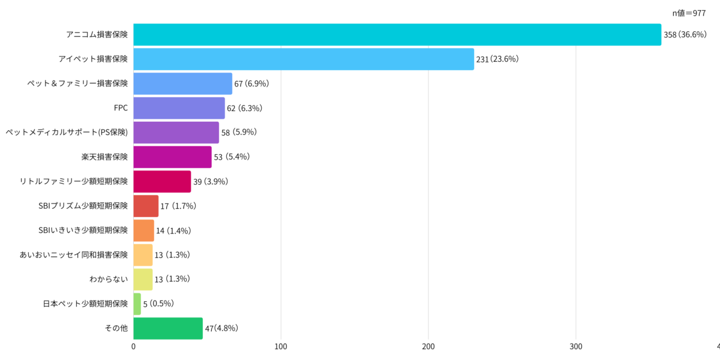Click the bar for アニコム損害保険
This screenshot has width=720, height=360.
point(397,35)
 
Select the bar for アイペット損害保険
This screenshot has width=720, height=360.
point(303,59)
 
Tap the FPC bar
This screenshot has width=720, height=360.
point(179,108)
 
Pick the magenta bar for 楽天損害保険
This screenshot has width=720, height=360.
point(172,157)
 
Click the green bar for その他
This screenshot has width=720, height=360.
point(168,328)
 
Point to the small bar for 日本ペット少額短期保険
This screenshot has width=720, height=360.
point(137,304)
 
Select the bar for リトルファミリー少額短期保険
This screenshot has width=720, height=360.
point(162,181)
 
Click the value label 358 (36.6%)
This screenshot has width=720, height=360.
point(685,35)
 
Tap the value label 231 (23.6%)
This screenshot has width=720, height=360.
point(497,59)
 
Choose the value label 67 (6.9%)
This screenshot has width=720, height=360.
point(251,83)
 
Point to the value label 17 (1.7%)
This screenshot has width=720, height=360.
point(178,206)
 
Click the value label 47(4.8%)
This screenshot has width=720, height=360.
point(222,328)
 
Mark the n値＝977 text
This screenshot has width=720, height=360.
point(689,13)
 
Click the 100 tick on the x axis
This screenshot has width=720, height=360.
point(281,346)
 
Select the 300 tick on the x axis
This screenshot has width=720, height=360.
point(576,346)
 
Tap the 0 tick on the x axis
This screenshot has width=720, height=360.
point(133,346)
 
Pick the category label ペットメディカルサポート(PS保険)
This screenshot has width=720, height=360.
point(67,133)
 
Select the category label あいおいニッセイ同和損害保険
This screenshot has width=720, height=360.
point(74,255)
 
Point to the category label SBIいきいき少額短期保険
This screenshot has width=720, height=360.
point(83,230)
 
